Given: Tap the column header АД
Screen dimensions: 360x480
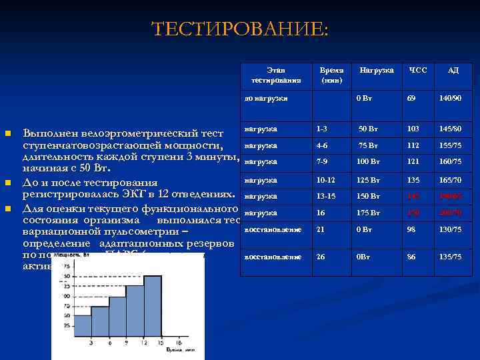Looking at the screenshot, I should (453, 69).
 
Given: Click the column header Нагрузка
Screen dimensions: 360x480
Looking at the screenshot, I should (377, 69).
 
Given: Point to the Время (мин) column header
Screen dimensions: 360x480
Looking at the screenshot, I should (331, 74).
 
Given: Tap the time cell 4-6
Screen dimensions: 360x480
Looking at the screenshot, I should (323, 145).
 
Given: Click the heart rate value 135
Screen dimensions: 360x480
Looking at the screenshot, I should (414, 180).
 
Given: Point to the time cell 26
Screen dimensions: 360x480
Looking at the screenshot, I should (321, 257).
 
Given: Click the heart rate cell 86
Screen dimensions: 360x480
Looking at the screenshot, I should (411, 257).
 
